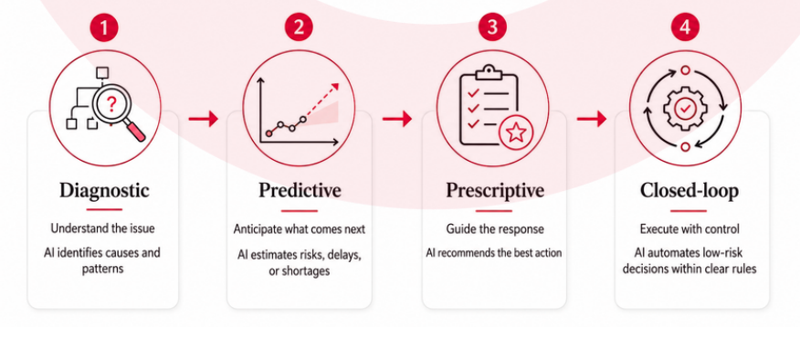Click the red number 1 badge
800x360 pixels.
[104, 27]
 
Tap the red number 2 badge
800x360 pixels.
[299, 27]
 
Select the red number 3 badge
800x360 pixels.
[492, 27]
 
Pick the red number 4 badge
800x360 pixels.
[685, 27]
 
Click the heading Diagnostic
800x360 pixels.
[105, 190]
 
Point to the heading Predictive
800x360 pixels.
[300, 190]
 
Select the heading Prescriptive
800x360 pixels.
[495, 190]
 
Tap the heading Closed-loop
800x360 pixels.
[689, 190]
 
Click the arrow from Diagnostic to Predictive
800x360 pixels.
[203, 119]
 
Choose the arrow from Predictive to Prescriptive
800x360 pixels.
[397, 119]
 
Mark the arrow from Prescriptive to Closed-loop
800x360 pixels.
[592, 119]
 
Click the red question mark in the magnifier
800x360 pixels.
[111, 106]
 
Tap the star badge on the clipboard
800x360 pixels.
[516, 132]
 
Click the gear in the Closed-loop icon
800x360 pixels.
[684, 108]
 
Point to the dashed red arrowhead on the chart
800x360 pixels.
[334, 87]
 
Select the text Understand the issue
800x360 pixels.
[102, 228]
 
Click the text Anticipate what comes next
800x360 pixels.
[300, 229]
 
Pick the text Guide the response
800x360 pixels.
[494, 229]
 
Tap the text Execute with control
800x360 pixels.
[689, 228]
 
